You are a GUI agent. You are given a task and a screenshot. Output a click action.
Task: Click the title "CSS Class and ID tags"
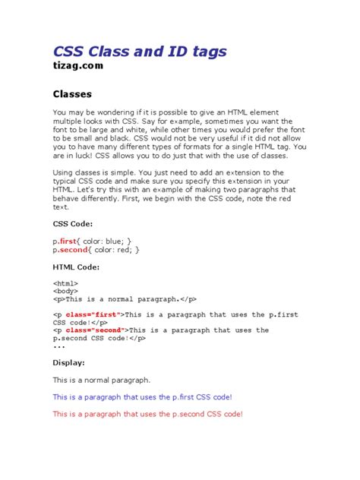click(x=139, y=52)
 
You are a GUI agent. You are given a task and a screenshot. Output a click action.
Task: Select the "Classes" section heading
click(x=72, y=95)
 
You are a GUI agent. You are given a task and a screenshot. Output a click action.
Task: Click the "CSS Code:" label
click(x=73, y=224)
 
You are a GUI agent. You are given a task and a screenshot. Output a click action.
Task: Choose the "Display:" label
click(x=68, y=362)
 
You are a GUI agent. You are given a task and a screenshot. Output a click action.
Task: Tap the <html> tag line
click(x=65, y=283)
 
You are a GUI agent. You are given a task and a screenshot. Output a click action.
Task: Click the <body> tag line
click(x=65, y=291)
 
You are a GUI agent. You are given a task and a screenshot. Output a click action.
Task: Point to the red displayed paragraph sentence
click(x=147, y=414)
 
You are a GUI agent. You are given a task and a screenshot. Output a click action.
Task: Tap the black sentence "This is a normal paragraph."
click(x=101, y=379)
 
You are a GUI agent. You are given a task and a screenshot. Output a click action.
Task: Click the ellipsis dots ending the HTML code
click(x=59, y=346)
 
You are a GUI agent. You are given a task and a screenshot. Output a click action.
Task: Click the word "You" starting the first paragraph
click(x=59, y=112)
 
